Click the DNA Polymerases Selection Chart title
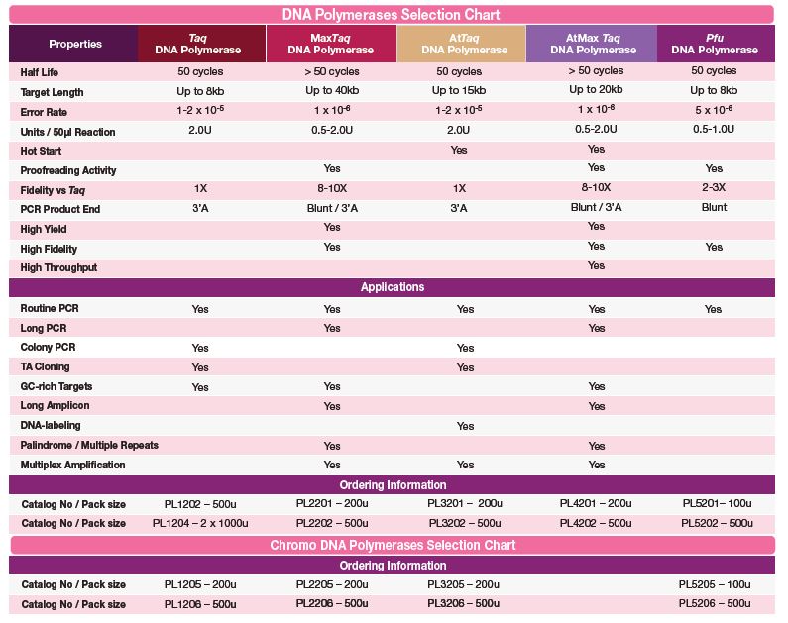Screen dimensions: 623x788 (392, 15)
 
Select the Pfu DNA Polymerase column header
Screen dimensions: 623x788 (714, 44)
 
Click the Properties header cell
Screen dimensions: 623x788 (75, 44)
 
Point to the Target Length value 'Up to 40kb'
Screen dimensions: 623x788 (332, 91)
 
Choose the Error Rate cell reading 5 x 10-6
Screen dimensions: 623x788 (714, 110)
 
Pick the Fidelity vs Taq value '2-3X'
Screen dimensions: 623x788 (714, 188)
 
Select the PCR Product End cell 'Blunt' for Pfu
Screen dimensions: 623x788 (714, 208)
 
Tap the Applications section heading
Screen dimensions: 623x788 (392, 287)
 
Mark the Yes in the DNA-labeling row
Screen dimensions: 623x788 (465, 426)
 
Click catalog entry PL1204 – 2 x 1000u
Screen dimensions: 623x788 (200, 523)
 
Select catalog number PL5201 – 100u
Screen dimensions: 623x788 (715, 503)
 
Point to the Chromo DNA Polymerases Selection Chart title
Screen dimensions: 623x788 (392, 545)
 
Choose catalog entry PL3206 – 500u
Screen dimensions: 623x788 (463, 603)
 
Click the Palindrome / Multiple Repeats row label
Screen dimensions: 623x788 (89, 445)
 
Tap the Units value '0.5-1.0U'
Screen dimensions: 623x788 (714, 130)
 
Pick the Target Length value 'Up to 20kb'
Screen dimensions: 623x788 (596, 91)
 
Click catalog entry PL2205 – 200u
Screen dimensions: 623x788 (332, 584)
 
